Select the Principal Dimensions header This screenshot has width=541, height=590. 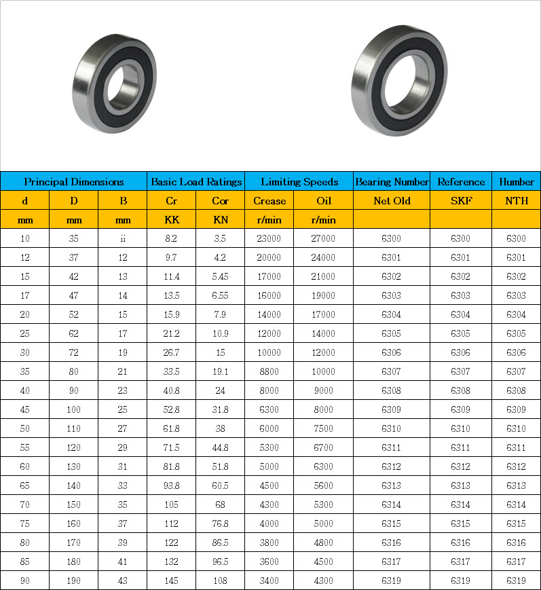pyautogui.click(x=73, y=181)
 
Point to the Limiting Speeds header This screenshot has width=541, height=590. pyautogui.click(x=299, y=181)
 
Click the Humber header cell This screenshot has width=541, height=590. pyautogui.click(x=516, y=181)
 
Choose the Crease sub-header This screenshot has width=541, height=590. pyautogui.click(x=269, y=200)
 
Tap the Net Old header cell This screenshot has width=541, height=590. pyautogui.click(x=392, y=200)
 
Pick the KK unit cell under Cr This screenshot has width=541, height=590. pyautogui.click(x=172, y=219)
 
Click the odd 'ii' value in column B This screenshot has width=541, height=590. pyautogui.click(x=123, y=238)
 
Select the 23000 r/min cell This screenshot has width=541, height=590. pyautogui.click(x=269, y=238)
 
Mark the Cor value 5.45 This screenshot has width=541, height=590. pyautogui.click(x=220, y=276)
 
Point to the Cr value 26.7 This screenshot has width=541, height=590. pyautogui.click(x=172, y=352)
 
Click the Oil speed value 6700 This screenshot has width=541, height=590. pyautogui.click(x=324, y=447)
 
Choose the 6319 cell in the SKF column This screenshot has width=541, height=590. pyautogui.click(x=461, y=580)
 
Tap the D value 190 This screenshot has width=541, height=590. pyautogui.click(x=73, y=580)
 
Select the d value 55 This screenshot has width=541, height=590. pyautogui.click(x=25, y=447)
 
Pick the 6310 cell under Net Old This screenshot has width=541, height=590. pyautogui.click(x=392, y=428)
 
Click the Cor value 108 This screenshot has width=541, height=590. pyautogui.click(x=220, y=580)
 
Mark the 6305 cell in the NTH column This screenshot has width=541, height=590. pyautogui.click(x=516, y=333)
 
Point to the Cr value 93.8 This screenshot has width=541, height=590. pyautogui.click(x=172, y=485)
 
